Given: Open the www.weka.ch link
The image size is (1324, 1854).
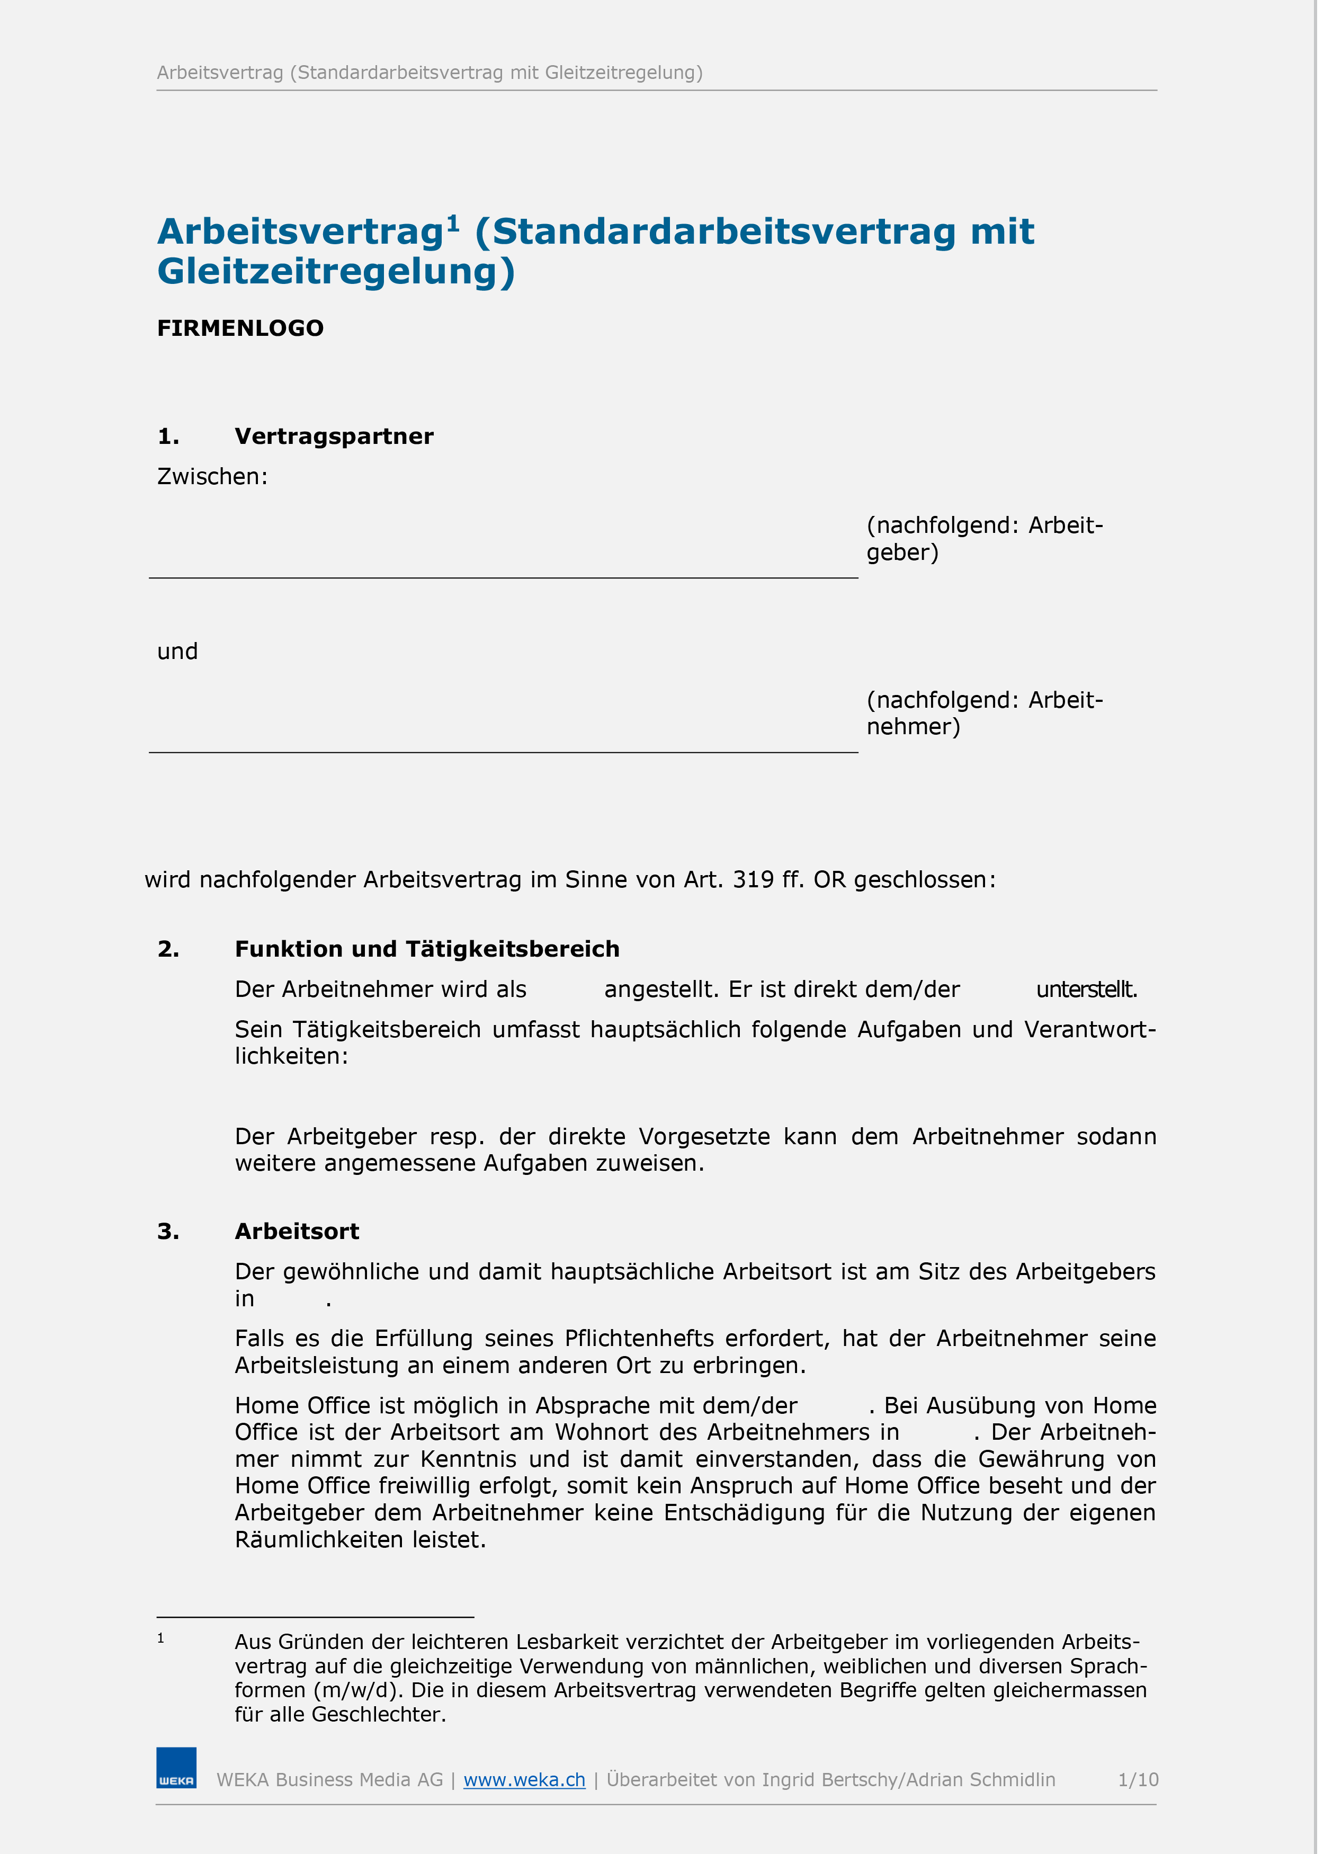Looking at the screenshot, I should coord(524,1780).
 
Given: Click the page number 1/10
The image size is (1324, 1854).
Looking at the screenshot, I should coord(1137,1780).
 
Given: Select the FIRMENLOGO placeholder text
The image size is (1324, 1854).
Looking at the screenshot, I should coord(240,328).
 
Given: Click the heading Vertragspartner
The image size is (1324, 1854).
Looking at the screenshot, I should coord(334,436).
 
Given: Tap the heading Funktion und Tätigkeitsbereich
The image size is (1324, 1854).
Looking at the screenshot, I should coord(427,949).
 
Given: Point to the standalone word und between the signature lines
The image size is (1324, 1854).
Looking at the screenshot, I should coord(178,652).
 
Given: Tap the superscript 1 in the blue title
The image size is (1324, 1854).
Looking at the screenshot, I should coord(453,222).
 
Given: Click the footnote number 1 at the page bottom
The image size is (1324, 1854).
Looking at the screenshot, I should coord(160,1638).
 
